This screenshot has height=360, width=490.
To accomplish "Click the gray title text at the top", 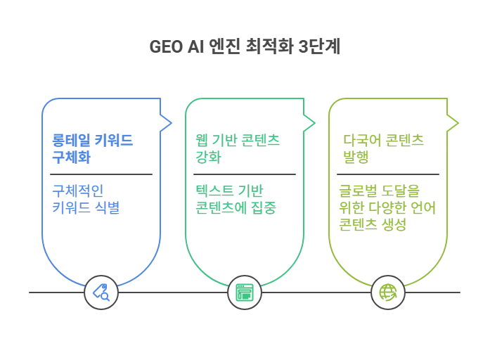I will pos(245,48).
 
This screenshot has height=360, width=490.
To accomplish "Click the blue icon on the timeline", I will pos(102,292).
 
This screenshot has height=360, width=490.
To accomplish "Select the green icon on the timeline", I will pos(244,292).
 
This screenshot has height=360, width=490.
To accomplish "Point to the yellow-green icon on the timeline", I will pos(387,292).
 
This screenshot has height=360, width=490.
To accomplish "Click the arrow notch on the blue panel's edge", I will pos(167,122).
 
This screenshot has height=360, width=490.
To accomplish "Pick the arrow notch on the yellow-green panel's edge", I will pos(455,122).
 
